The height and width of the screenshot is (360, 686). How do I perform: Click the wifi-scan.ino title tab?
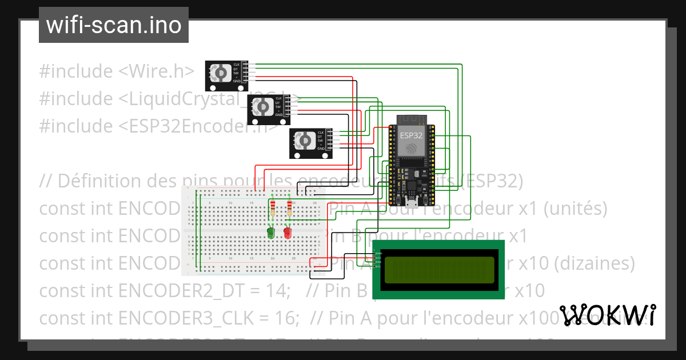(113, 25)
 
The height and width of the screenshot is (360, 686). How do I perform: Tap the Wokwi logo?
(607, 315)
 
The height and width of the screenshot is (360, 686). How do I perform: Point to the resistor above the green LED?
(273, 209)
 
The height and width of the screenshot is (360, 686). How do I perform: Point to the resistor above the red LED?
(289, 209)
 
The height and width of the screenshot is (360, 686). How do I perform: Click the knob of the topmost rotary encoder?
(220, 73)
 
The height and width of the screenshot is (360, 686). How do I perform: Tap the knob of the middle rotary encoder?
(262, 107)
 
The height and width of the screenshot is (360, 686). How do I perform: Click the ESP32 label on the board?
(411, 135)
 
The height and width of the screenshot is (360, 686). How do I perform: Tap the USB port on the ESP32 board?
(411, 202)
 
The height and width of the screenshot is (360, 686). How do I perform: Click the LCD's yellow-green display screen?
(438, 270)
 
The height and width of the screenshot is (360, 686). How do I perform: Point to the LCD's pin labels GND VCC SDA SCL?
(377, 260)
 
